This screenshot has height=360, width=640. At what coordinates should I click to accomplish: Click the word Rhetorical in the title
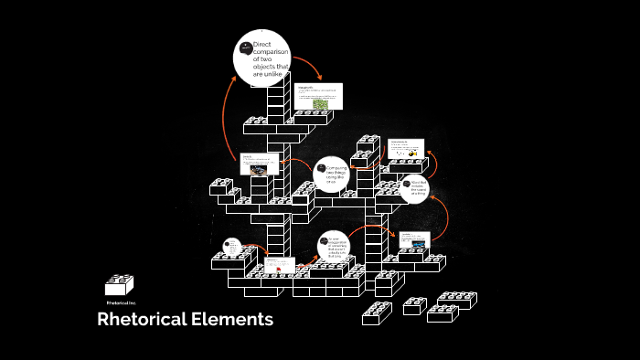tap(143, 320)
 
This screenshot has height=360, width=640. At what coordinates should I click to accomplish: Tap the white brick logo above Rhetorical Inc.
tap(120, 284)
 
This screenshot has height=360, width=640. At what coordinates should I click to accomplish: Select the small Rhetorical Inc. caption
tap(121, 302)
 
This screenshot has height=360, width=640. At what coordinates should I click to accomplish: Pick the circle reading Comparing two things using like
tap(332, 175)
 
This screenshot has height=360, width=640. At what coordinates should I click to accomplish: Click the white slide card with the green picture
tap(319, 97)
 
